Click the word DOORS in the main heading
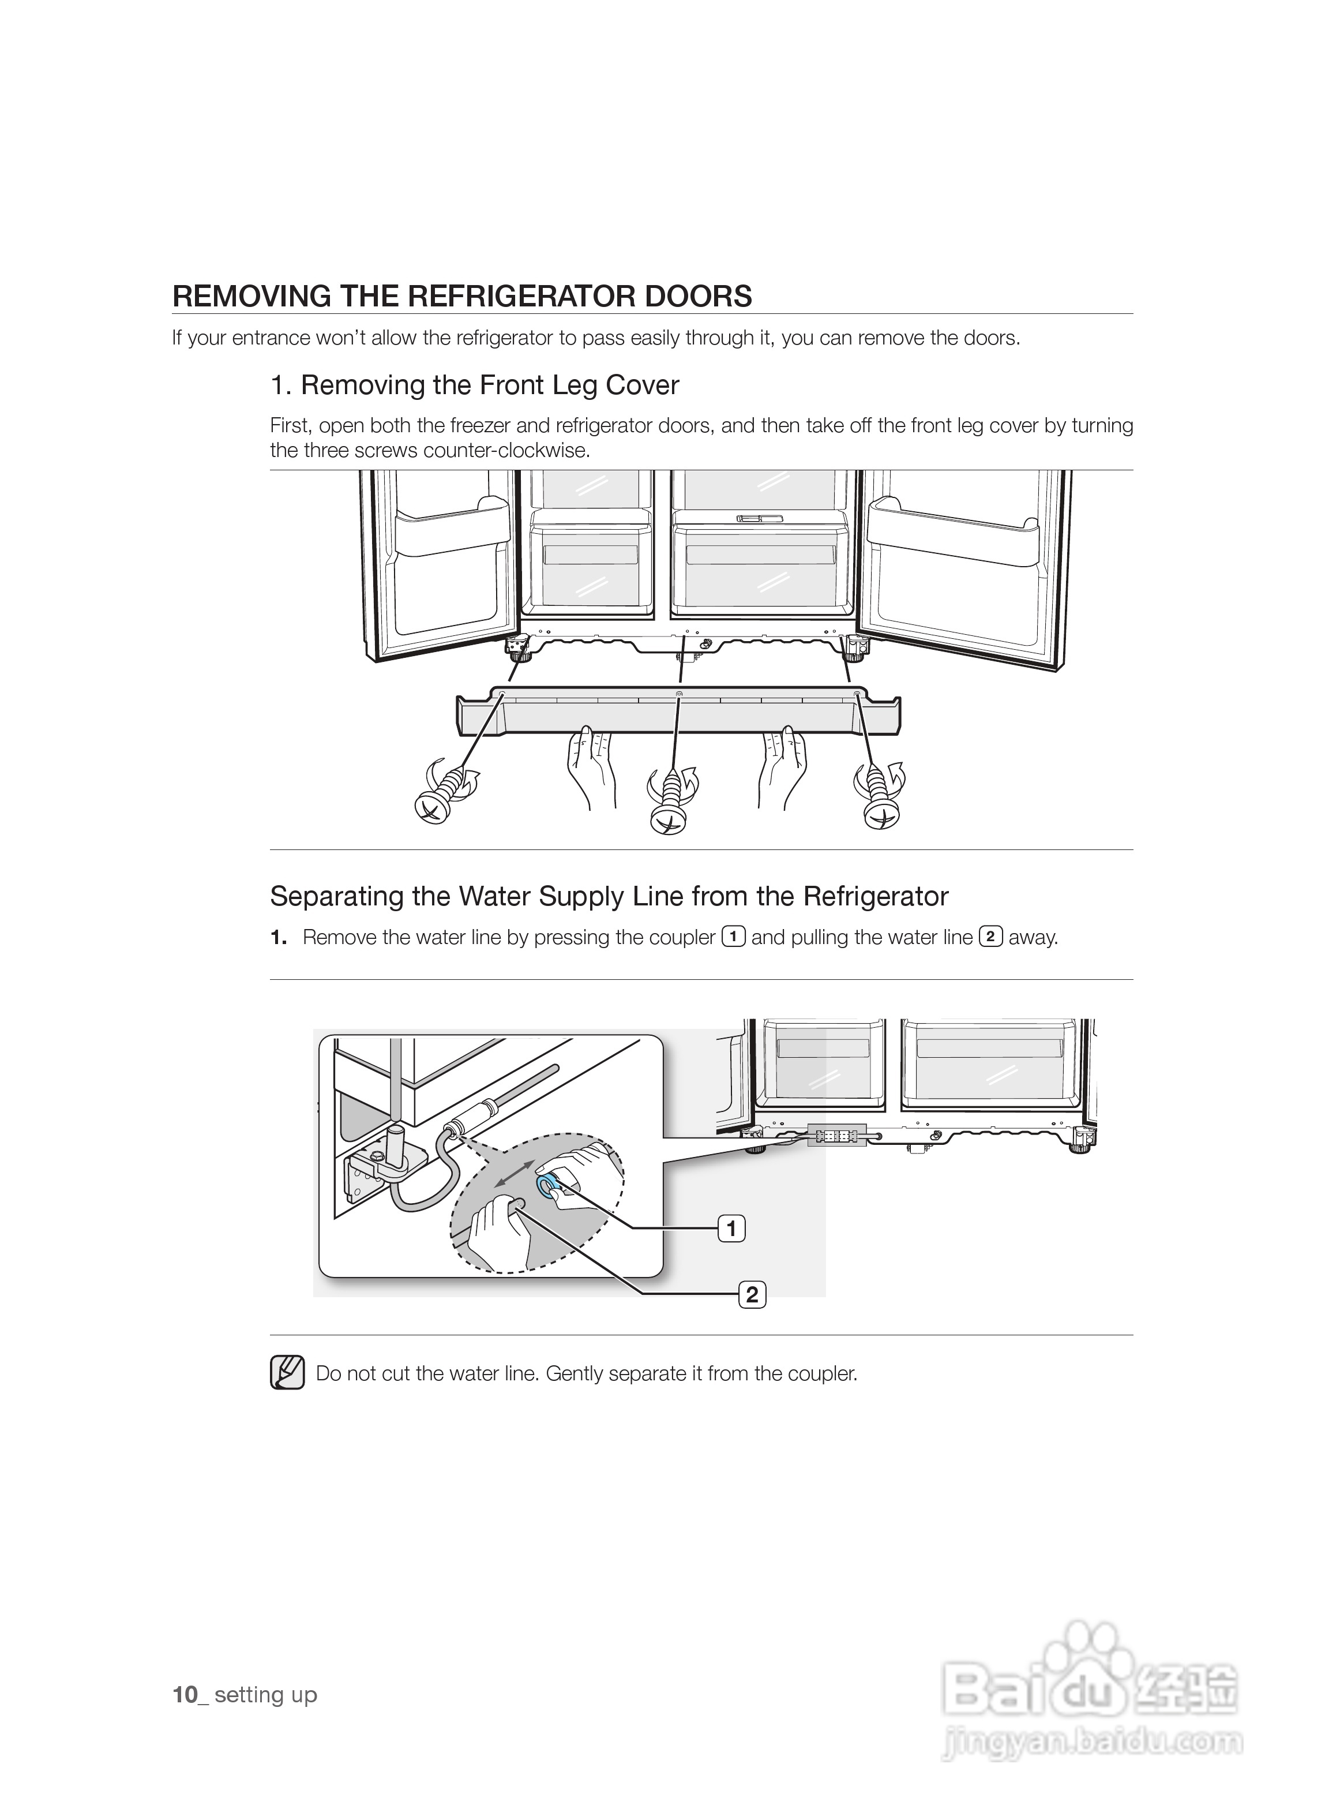pyautogui.click(x=699, y=297)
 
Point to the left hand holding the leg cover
pyautogui.click(x=591, y=765)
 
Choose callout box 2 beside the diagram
pyautogui.click(x=752, y=1294)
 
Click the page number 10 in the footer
pyautogui.click(x=185, y=1695)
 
